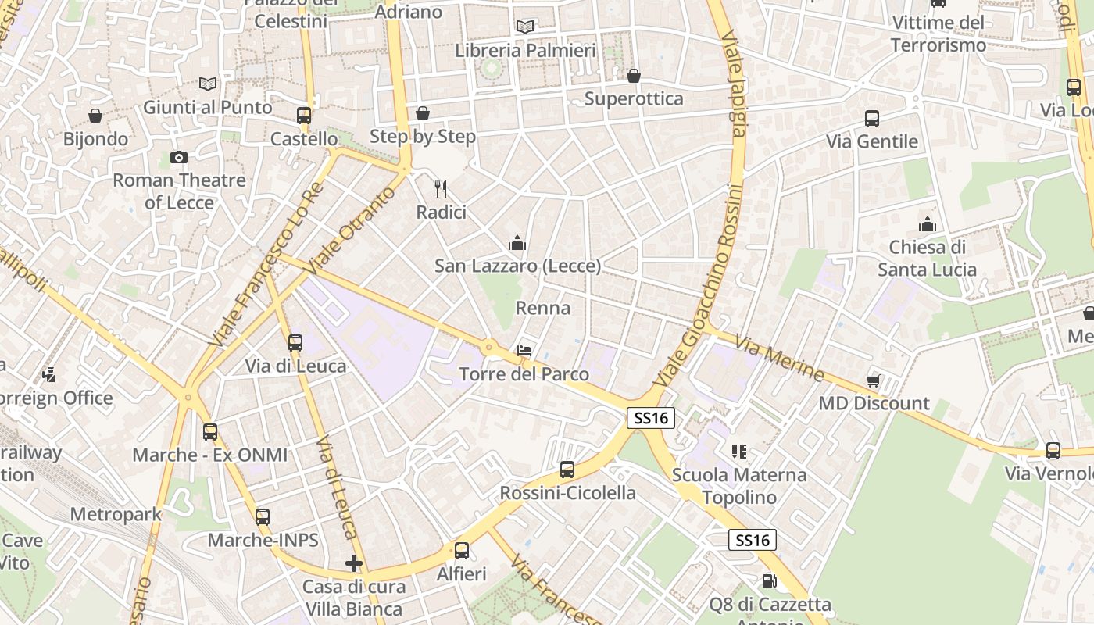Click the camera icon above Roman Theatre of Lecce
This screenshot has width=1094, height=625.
click(178, 158)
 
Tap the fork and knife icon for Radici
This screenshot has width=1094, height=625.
click(441, 188)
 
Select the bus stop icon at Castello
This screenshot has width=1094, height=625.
click(304, 116)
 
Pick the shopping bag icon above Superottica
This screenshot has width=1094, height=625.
click(633, 76)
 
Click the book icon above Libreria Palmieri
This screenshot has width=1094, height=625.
click(525, 27)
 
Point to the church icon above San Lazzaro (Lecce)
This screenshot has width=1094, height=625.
click(517, 244)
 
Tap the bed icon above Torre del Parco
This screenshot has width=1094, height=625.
click(524, 352)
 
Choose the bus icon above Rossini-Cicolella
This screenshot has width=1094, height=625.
click(567, 470)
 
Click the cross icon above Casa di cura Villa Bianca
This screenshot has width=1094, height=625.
click(354, 562)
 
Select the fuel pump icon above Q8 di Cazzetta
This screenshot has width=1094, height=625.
click(769, 581)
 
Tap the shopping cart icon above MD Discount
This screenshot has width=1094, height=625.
click(874, 380)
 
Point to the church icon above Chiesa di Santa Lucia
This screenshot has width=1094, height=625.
click(928, 225)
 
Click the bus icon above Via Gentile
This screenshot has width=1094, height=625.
click(872, 119)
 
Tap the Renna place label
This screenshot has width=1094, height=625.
click(543, 308)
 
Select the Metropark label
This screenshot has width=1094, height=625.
click(116, 514)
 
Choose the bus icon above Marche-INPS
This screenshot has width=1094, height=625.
click(263, 516)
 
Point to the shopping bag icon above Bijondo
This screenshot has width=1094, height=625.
click(95, 116)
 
